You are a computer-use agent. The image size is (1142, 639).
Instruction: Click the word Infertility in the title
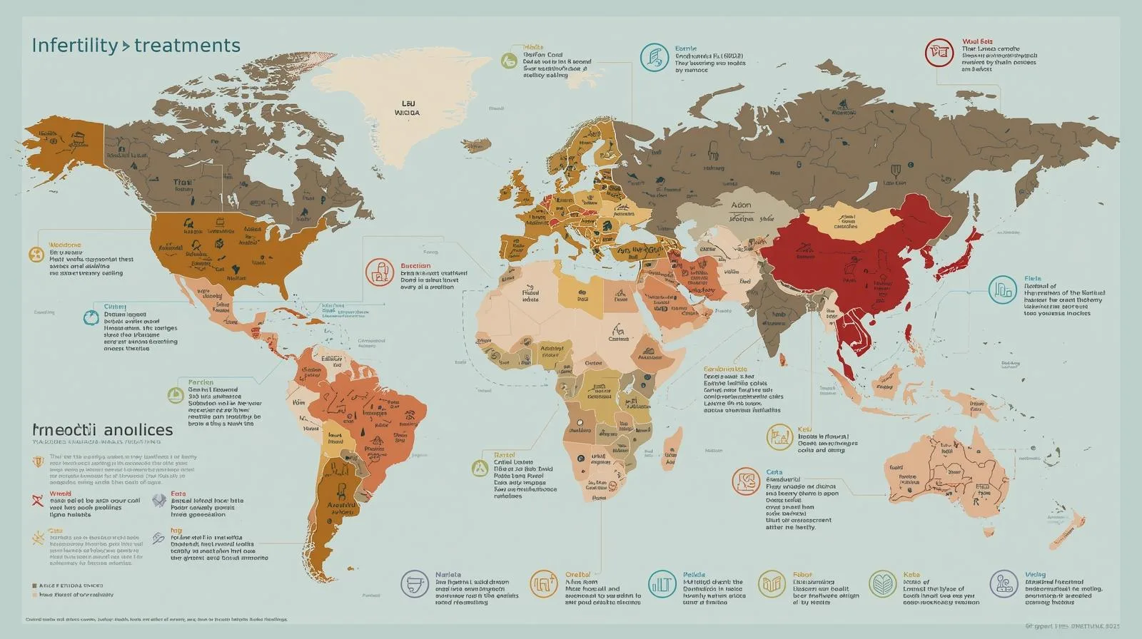[74, 46]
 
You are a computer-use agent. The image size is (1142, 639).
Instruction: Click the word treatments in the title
[187, 46]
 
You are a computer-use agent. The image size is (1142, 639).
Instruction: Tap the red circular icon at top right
[939, 53]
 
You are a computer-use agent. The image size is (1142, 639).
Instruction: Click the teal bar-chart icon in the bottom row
[662, 584]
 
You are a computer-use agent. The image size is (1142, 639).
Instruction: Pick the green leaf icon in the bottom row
[883, 584]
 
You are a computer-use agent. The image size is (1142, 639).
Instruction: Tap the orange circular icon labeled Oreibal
[543, 584]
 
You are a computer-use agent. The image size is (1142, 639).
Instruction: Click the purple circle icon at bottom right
[1004, 584]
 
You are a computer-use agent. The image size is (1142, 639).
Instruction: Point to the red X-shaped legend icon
[38, 499]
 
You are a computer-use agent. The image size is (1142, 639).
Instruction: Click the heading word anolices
[137, 430]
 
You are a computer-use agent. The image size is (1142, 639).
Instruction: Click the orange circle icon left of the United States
[36, 255]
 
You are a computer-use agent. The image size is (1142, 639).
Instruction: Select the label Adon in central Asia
[741, 205]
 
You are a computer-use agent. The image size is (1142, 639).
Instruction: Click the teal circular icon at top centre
[654, 56]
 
